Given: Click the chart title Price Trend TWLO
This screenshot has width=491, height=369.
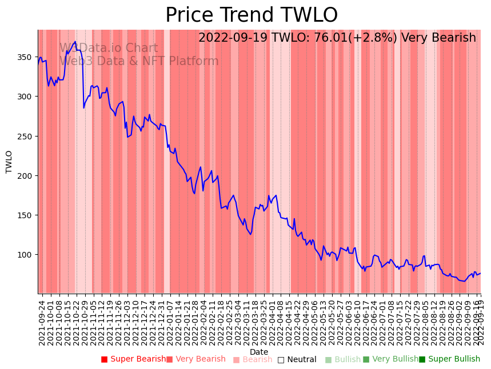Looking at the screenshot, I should click(252, 15).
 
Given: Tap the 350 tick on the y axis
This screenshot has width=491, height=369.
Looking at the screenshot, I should click(26, 58).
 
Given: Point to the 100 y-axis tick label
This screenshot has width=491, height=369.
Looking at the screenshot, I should click(26, 255).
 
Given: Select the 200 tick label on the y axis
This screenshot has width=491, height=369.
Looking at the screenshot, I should click(26, 176).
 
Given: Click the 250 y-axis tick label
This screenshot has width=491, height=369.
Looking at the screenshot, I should click(26, 137).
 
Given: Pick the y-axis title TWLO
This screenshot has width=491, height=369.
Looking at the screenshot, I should click(9, 162).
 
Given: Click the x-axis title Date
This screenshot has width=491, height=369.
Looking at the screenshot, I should click(259, 352).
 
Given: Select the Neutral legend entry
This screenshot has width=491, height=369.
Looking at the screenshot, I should click(297, 359).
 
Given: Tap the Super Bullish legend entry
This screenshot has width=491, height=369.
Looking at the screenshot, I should click(449, 359).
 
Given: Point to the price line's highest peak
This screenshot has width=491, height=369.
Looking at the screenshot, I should click(75, 41).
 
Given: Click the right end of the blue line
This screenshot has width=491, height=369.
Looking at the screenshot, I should click(480, 273).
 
